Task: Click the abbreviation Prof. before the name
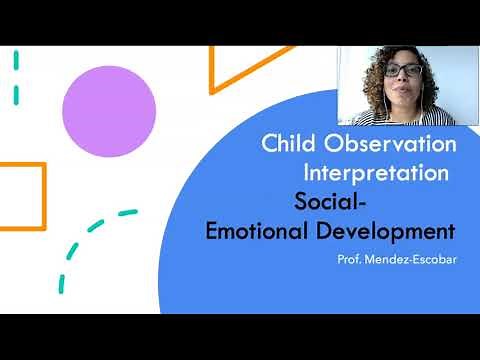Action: (354, 260)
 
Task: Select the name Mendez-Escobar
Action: (412, 260)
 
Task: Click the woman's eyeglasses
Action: (403, 70)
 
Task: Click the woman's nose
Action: (404, 80)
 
